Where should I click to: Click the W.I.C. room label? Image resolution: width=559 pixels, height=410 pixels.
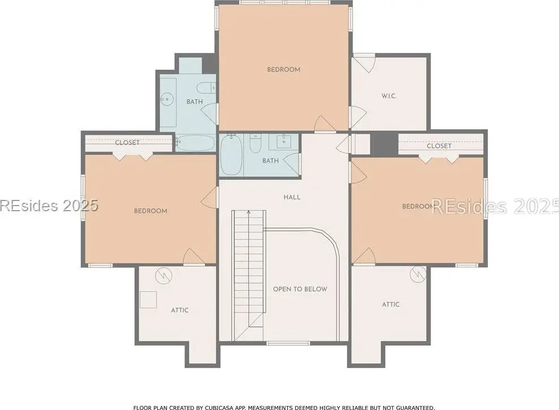click(389, 96)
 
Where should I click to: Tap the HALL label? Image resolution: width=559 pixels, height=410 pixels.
click(292, 197)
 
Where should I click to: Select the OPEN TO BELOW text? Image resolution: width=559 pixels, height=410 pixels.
click(300, 289)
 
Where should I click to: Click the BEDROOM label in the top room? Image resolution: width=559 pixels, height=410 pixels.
click(283, 69)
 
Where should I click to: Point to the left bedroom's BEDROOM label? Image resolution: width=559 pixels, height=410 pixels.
click(150, 211)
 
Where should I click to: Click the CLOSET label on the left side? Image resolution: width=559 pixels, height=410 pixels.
click(127, 142)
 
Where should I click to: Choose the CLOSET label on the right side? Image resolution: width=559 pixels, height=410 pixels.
click(439, 146)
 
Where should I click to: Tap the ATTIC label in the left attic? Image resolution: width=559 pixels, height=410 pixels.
click(180, 310)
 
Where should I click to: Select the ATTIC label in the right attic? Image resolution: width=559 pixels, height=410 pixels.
click(391, 304)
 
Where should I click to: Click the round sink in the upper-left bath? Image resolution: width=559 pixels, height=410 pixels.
click(166, 99)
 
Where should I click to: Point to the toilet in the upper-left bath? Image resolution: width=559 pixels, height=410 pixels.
click(206, 88)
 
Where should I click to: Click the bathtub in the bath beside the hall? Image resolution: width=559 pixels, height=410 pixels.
click(231, 155)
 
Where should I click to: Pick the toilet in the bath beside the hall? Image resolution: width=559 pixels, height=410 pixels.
click(255, 143)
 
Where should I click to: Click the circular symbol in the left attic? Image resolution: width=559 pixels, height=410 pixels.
click(164, 276)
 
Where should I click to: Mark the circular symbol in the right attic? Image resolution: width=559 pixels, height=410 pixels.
click(418, 274)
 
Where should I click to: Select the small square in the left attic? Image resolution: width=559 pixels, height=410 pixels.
click(148, 299)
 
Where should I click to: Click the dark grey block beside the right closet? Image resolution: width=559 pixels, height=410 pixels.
click(385, 144)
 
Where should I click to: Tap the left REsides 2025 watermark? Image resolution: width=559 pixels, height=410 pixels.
click(49, 206)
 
